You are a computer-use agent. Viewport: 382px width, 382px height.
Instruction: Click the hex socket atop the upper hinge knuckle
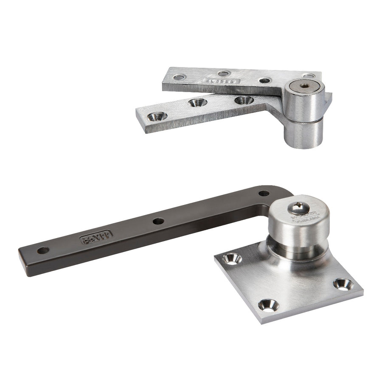click(304, 86)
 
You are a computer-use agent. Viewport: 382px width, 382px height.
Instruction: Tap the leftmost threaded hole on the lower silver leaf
click(157, 115)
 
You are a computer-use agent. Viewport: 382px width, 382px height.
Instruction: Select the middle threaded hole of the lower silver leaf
click(197, 102)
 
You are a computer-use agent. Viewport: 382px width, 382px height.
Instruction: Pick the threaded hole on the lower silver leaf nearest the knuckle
click(244, 100)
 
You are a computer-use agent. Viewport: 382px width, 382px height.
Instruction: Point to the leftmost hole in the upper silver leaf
click(179, 77)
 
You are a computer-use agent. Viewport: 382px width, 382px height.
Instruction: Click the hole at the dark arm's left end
click(43, 250)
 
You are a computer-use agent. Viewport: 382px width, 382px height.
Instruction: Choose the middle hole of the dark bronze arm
click(158, 221)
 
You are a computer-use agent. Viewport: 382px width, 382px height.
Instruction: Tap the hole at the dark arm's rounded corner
click(264, 194)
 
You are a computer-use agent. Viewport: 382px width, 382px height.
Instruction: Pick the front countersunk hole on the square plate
click(268, 304)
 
